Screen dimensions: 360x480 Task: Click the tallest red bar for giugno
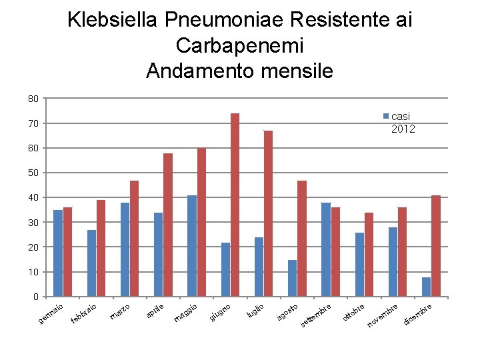point(235,205)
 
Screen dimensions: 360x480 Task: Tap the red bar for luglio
point(268,213)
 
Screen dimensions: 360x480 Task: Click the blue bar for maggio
point(192,246)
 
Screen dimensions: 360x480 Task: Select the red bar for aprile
point(168,225)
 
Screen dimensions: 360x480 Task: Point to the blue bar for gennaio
point(58,253)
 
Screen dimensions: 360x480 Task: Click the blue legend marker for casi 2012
point(386,116)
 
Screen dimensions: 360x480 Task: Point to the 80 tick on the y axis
point(33,99)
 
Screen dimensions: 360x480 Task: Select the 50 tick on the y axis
point(33,173)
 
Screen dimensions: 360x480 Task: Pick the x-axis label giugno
point(220,313)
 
